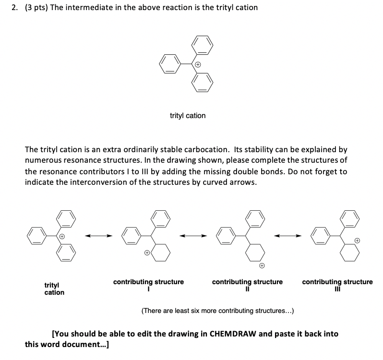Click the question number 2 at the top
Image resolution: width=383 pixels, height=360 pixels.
15,8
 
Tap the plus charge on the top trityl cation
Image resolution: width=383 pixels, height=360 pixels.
197,64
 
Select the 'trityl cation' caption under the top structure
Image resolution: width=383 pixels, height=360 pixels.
188,116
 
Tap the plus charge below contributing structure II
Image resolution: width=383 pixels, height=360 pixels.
262,265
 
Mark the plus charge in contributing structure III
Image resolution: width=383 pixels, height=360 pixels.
357,240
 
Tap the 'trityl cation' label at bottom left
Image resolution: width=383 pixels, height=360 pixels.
54,288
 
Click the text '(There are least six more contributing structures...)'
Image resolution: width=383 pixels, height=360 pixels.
217,311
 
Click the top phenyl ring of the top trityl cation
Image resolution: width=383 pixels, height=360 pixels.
201,46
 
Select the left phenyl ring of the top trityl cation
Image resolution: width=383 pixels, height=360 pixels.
170,64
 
